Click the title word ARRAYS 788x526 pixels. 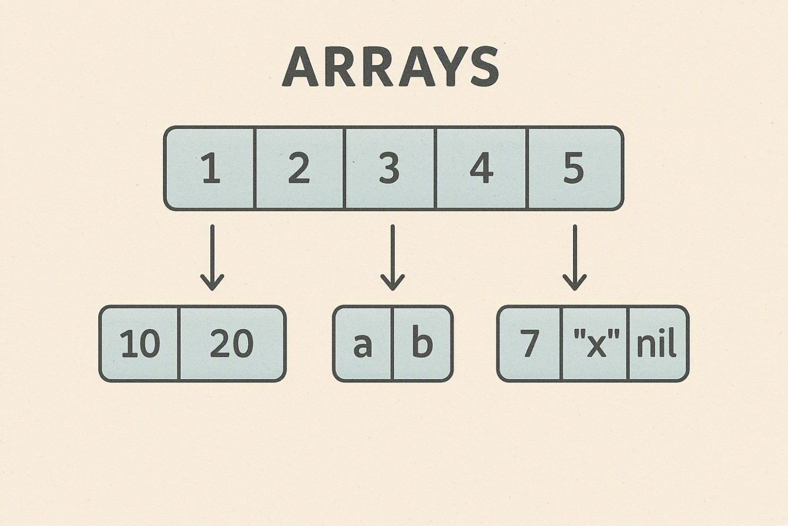tap(390, 67)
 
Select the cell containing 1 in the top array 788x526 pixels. tap(210, 168)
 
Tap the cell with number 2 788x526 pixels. tap(299, 168)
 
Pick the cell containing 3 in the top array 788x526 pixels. tap(390, 168)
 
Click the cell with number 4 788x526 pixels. tap(481, 168)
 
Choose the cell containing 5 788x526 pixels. tap(575, 168)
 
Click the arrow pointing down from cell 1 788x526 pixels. tap(212, 258)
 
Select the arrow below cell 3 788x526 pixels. tap(392, 258)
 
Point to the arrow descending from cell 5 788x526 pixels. tap(575, 258)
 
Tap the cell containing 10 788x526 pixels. tap(140, 344)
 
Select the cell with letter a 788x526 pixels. tap(362, 344)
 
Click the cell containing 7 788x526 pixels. tap(529, 344)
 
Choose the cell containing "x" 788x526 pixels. tap(595, 344)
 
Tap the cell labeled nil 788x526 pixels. tap(658, 344)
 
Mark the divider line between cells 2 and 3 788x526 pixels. tap(345, 169)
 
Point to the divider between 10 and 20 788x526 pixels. tap(180, 344)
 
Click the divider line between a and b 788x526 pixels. tap(392, 344)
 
